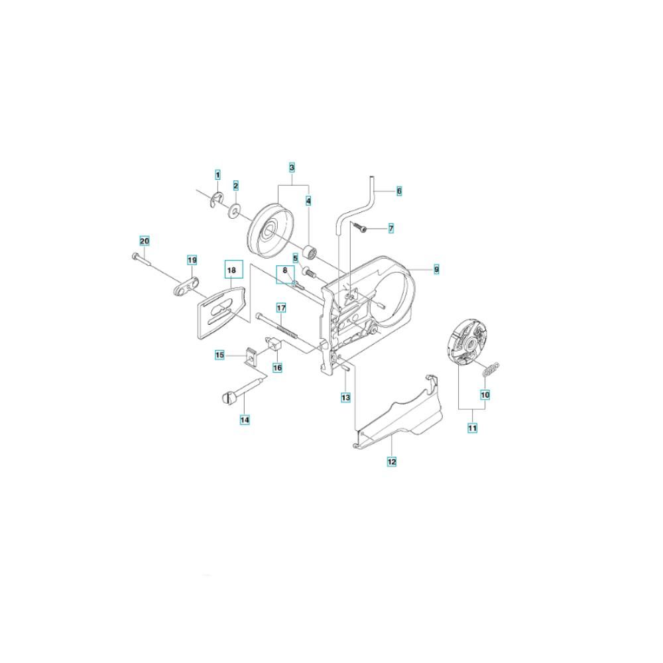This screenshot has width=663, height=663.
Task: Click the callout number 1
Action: (217, 174)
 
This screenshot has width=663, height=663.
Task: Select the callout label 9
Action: (436, 269)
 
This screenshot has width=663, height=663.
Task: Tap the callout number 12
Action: (392, 461)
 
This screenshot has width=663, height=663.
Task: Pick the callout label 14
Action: (245, 420)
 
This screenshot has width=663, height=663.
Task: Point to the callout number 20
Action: (145, 241)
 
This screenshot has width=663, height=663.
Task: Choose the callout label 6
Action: (399, 191)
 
